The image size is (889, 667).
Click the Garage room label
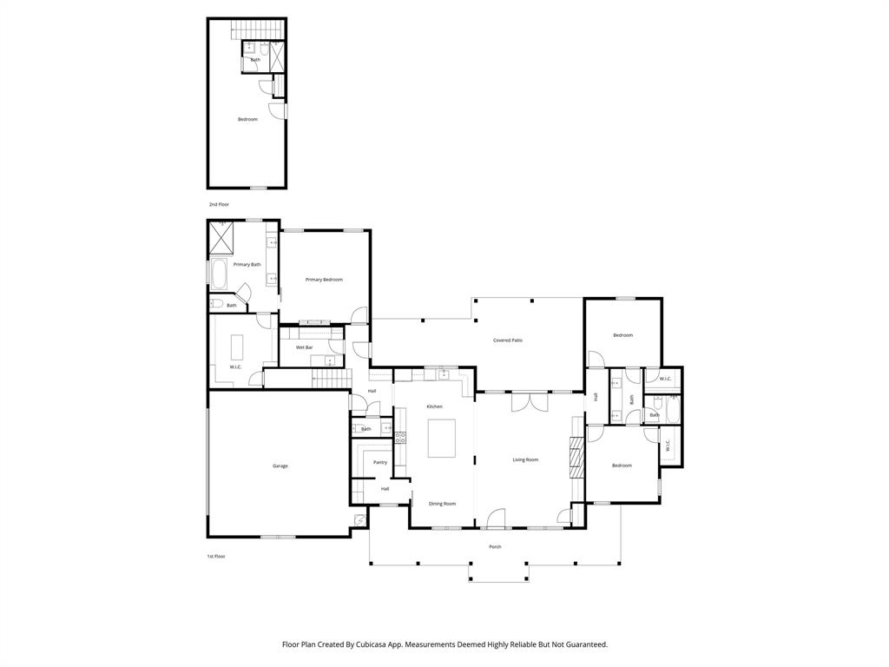(x=280, y=466)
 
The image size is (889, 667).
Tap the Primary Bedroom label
(x=324, y=280)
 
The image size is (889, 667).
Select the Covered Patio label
(x=508, y=340)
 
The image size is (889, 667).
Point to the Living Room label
(x=525, y=459)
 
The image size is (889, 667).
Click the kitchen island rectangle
(x=442, y=438)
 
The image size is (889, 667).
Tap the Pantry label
(x=380, y=463)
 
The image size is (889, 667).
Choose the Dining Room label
(x=442, y=504)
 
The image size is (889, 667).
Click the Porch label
(x=495, y=547)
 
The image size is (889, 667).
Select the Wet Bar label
(x=304, y=347)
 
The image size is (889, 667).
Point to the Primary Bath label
(x=247, y=265)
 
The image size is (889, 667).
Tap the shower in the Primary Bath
(x=221, y=237)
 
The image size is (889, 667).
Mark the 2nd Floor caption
(x=219, y=204)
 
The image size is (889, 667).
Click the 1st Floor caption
(x=216, y=556)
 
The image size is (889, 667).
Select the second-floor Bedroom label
(x=247, y=119)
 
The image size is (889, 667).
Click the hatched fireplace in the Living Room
(x=576, y=455)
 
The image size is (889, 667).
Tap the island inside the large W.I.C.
(x=236, y=347)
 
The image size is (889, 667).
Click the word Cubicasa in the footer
(x=373, y=645)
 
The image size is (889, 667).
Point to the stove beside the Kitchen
(x=400, y=438)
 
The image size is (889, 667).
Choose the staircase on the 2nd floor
(x=258, y=31)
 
